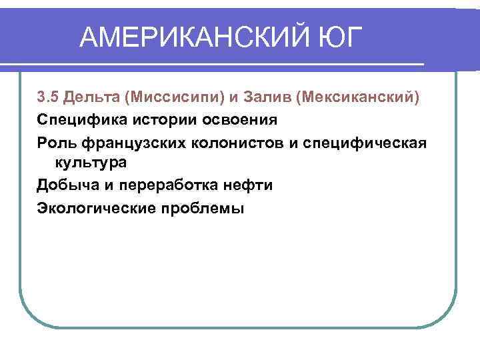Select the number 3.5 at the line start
48,98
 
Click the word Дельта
93,98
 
